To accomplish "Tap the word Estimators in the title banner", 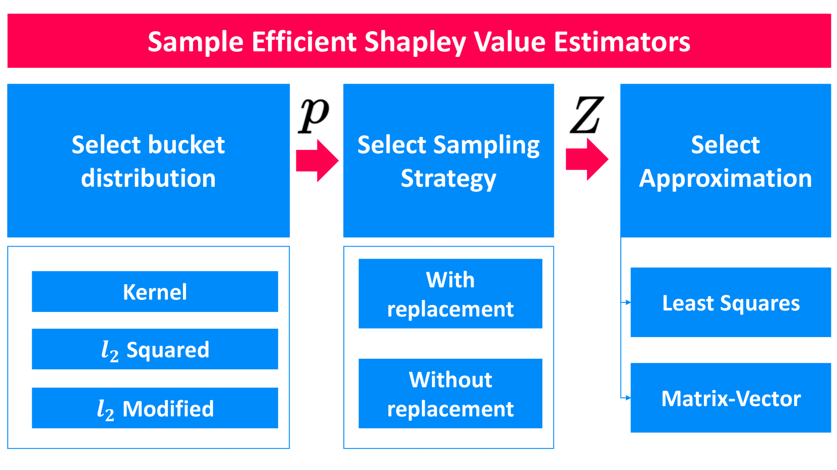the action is point(622,41).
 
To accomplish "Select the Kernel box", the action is point(155,291).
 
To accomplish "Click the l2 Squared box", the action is point(155,349).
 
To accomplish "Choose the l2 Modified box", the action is point(155,408).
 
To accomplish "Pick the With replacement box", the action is point(450,293).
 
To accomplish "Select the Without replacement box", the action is point(450,394).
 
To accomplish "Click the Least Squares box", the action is point(731,302).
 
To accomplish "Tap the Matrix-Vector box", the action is point(731,398).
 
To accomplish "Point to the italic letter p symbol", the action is point(314,115).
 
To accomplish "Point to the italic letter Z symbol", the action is point(587,114).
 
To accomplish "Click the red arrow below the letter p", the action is point(317,161).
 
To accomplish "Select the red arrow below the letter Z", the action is point(587,160).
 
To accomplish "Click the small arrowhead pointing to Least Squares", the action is point(628,302).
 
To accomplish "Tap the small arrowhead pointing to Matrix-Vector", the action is point(628,398).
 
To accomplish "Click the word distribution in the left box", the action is point(148,178).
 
